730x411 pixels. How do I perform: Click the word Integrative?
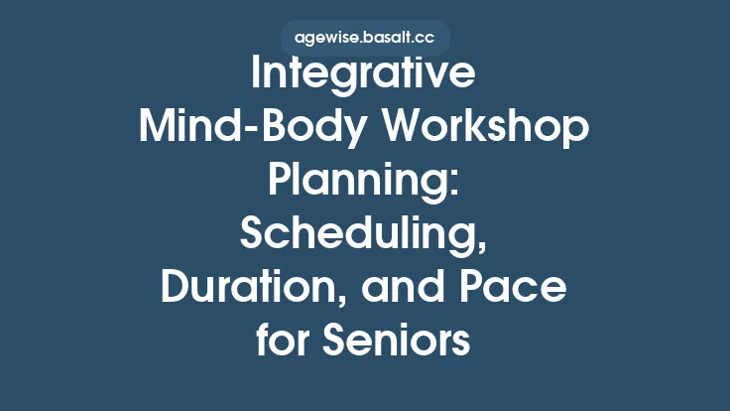pyautogui.click(x=365, y=75)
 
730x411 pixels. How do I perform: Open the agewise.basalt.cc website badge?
pyautogui.click(x=365, y=40)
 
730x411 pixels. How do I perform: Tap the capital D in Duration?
pyautogui.click(x=175, y=289)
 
